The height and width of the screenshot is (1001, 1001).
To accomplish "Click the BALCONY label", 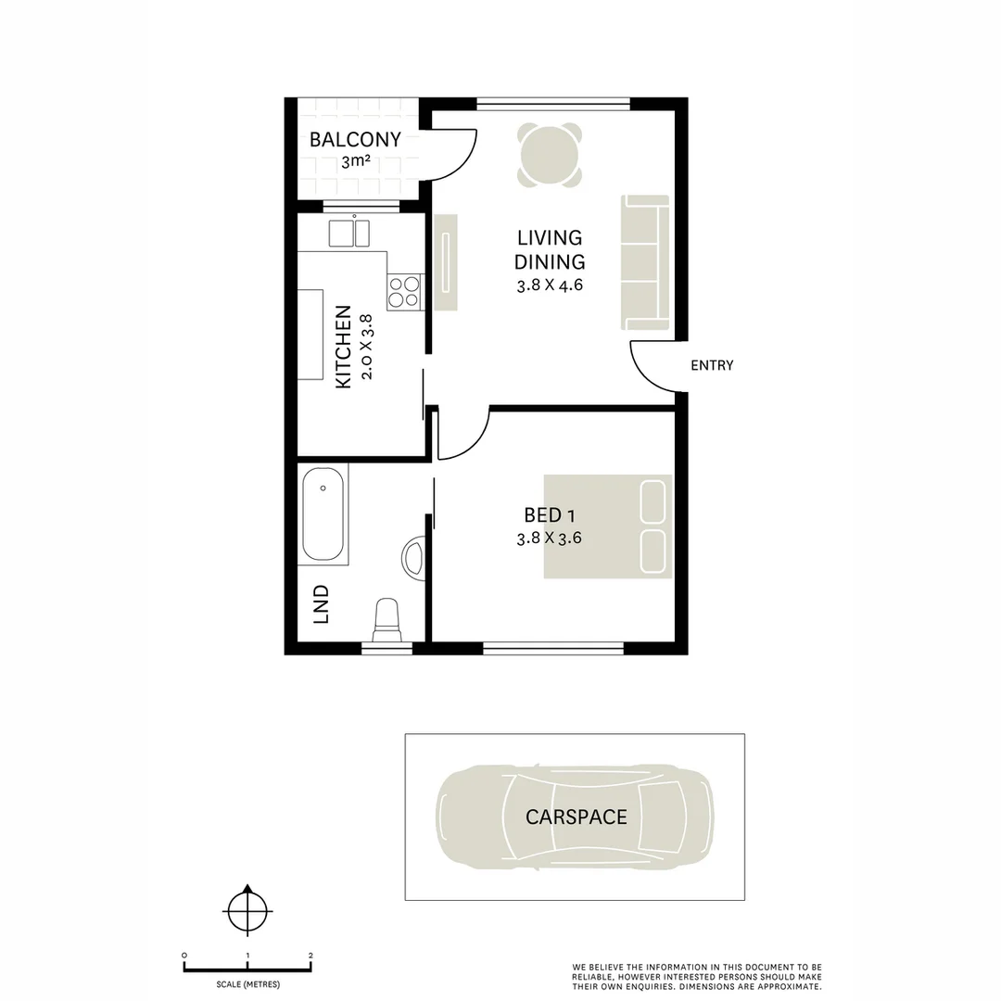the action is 355,139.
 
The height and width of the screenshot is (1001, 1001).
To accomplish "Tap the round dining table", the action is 550,155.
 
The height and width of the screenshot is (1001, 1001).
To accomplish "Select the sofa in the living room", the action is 645,262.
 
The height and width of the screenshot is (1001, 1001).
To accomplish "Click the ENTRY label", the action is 712,365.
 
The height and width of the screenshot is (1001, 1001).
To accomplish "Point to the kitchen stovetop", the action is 405,292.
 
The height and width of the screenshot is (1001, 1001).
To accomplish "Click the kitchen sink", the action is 349,233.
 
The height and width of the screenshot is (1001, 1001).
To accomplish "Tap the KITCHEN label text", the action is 343,347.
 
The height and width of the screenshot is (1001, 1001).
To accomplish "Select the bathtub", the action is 323,514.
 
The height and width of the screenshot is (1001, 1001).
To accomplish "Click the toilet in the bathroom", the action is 386,620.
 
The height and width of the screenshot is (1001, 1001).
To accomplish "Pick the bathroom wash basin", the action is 413,559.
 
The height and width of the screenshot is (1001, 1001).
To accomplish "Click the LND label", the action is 321,604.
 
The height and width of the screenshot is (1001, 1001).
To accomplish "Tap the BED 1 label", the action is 550,514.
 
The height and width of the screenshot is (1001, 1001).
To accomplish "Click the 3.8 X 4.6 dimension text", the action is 550,285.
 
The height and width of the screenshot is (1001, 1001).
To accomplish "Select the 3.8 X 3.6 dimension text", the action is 549,539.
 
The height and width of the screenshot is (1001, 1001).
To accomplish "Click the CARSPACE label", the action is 576,817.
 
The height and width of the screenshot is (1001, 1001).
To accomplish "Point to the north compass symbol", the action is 247,911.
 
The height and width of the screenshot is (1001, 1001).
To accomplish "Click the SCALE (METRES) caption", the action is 247,984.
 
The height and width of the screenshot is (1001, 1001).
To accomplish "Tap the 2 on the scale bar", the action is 310,956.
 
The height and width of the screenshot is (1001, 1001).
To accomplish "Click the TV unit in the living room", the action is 446,262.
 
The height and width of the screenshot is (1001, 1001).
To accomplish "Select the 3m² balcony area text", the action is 356,161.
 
